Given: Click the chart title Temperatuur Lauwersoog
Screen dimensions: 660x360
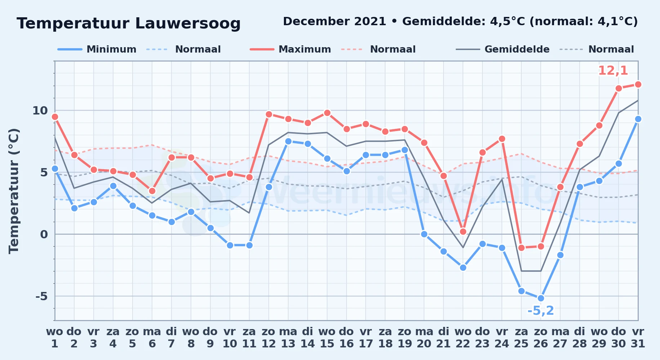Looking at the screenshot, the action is click(x=129, y=23).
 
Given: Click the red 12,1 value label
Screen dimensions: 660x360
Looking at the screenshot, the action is click(x=613, y=71).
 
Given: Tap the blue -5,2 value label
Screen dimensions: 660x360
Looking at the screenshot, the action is click(x=541, y=310).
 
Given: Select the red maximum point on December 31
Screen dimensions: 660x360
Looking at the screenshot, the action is click(x=638, y=84).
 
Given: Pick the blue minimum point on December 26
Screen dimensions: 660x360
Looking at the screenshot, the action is click(x=541, y=298).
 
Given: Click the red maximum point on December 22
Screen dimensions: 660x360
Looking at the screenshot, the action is click(x=463, y=231).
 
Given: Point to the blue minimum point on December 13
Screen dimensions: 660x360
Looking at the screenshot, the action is click(x=288, y=141).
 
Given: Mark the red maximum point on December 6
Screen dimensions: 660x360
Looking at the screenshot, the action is click(x=152, y=191).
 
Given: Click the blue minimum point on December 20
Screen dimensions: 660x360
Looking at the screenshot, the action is click(x=424, y=234).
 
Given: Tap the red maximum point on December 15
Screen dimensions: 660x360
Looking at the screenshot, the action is click(x=327, y=113).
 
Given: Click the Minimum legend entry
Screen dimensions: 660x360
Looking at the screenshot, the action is click(x=97, y=49).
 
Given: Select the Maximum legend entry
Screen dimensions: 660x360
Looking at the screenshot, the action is click(x=290, y=49).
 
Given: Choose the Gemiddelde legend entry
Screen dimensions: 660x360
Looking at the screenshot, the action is click(x=503, y=49).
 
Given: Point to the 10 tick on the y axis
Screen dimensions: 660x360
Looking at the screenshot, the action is click(x=40, y=111).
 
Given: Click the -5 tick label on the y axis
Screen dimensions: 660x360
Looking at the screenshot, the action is click(x=41, y=296).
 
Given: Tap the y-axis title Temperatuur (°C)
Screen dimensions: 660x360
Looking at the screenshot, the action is click(x=14, y=191).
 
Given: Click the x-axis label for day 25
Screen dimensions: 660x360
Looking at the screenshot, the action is click(x=521, y=338).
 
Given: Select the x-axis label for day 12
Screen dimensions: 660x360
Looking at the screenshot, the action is click(x=269, y=338).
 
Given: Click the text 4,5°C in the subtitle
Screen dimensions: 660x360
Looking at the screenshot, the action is click(x=508, y=21).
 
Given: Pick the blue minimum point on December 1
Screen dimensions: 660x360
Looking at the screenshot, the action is click(x=55, y=168).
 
